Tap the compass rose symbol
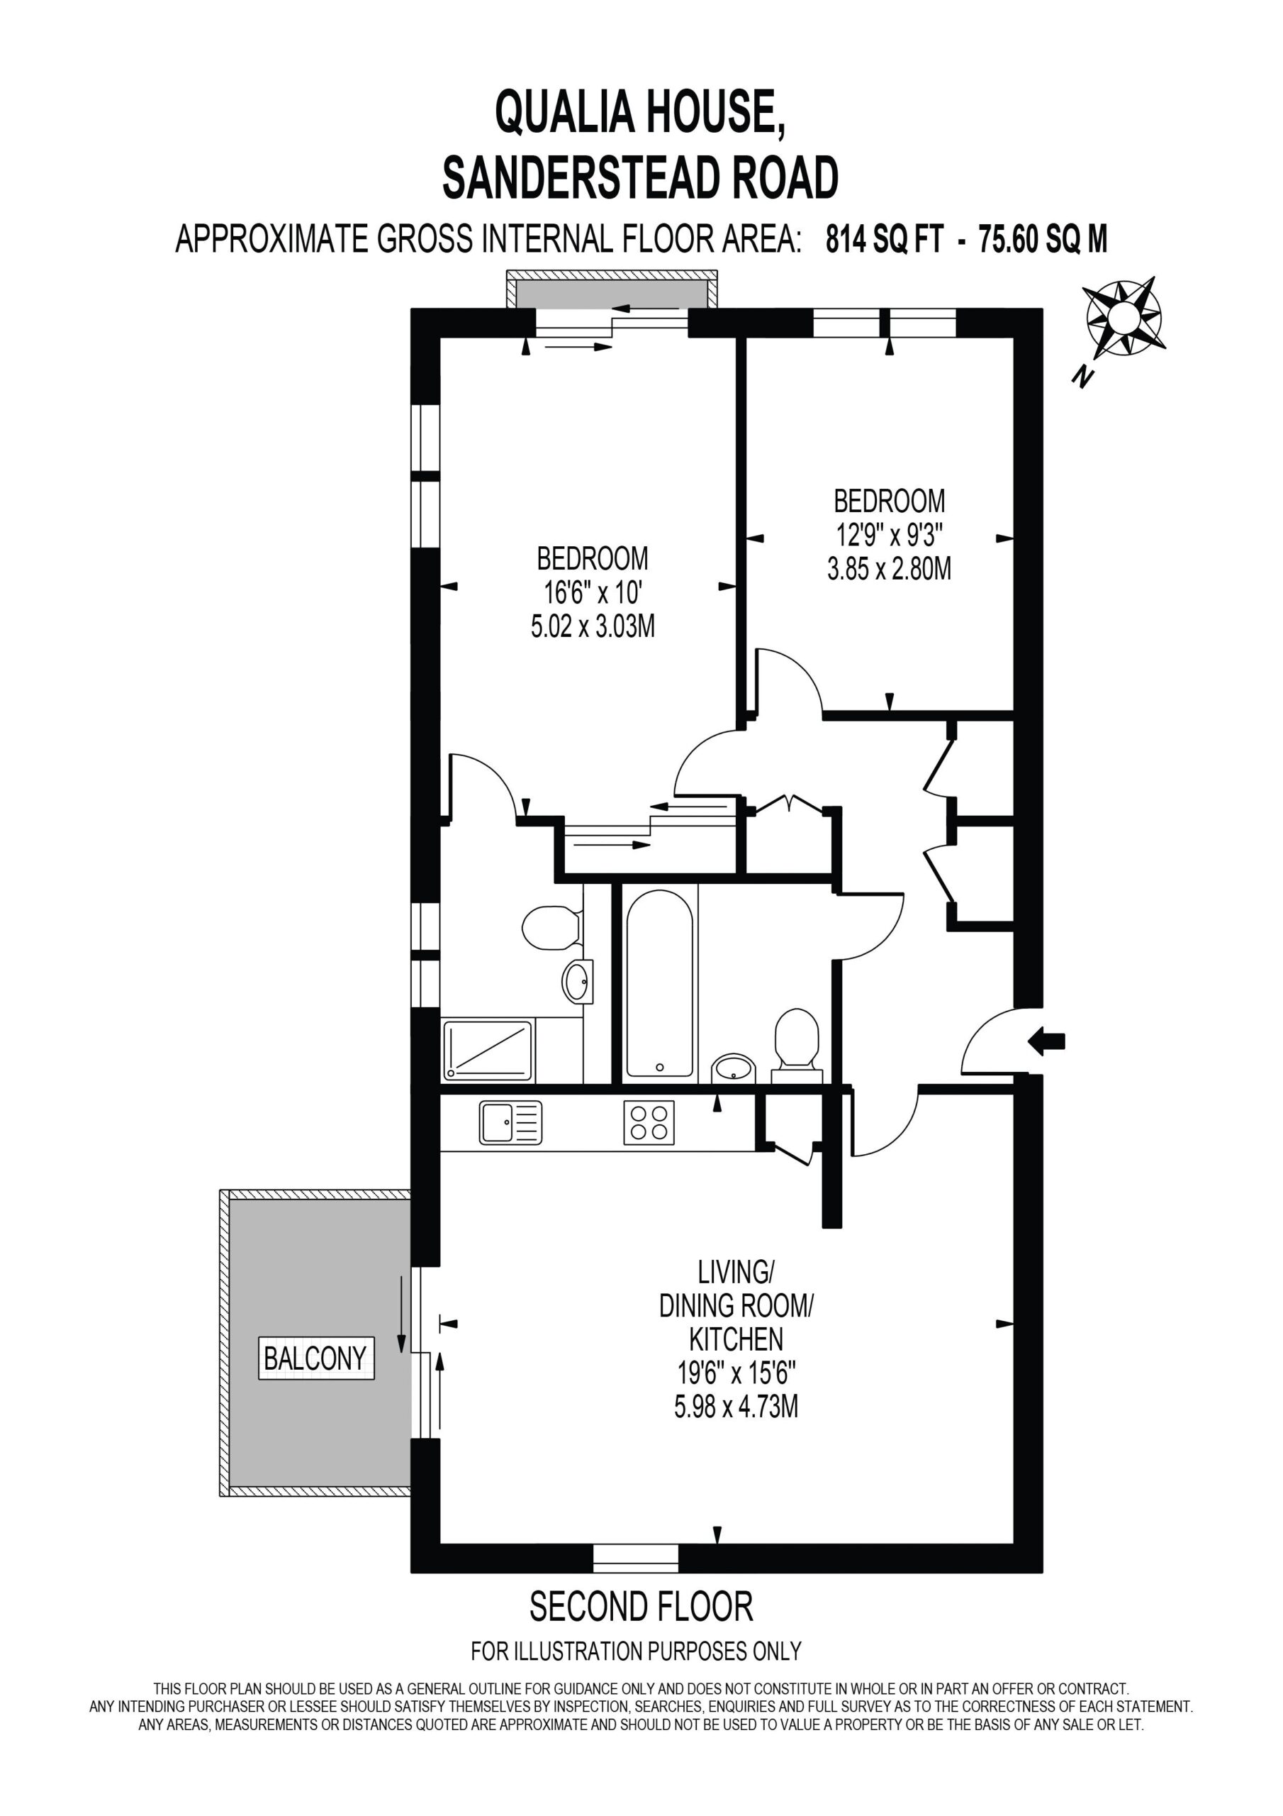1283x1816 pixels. coord(1121,319)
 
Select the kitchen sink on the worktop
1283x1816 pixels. coord(510,1122)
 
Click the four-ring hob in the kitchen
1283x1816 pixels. coord(648,1122)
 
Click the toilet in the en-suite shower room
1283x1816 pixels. coord(553,928)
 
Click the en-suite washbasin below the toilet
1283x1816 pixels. coord(578,982)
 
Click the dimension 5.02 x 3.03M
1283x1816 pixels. coord(593,626)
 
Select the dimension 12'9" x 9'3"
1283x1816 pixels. coord(890,536)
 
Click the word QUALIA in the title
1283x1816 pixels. coord(565,112)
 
